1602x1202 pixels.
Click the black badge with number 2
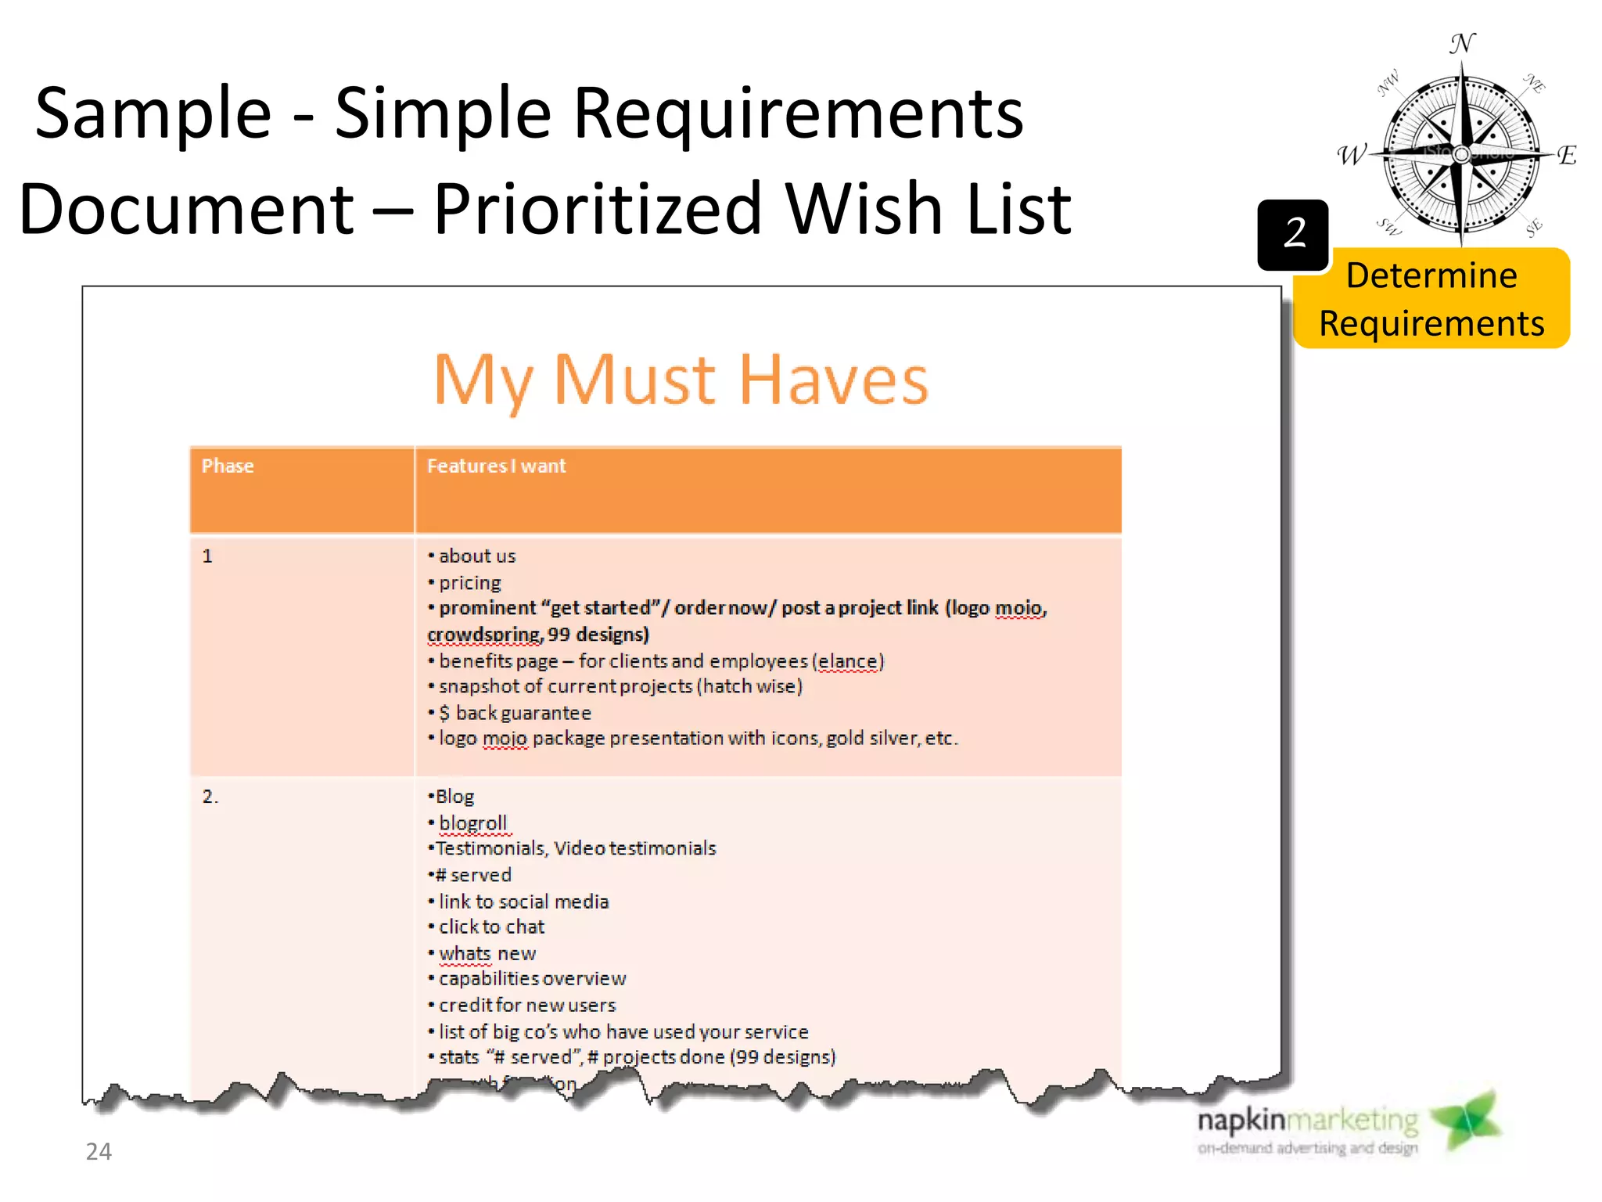(x=1293, y=234)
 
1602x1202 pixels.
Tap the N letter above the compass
(x=1462, y=44)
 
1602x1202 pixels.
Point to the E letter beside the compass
(x=1566, y=155)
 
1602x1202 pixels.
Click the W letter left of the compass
(x=1351, y=155)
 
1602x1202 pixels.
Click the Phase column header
(x=228, y=466)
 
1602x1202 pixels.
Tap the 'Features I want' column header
(x=496, y=466)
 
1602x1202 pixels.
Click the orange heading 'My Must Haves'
(x=681, y=380)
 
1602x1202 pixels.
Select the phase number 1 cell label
(x=207, y=556)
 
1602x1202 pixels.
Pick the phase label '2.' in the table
(x=210, y=797)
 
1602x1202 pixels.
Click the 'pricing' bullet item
(x=469, y=583)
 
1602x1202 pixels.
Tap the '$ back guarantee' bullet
(x=515, y=713)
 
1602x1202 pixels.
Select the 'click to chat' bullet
(x=491, y=927)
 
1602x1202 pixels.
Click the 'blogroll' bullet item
(x=472, y=823)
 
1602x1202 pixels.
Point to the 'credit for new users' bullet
(x=527, y=1006)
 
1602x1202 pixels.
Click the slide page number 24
(x=99, y=1151)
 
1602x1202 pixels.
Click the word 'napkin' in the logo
(x=1241, y=1121)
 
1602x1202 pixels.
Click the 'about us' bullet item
(x=477, y=556)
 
